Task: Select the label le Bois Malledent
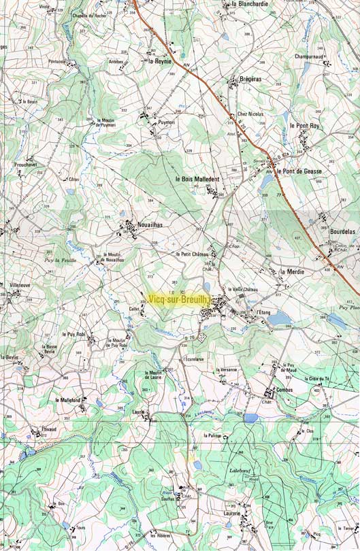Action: (x=197, y=179)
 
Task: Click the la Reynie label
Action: (x=160, y=61)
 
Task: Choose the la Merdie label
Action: (x=292, y=271)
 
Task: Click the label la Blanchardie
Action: (x=250, y=4)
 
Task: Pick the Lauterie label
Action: (x=232, y=513)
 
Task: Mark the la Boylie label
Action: (x=10, y=357)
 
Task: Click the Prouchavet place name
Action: (x=24, y=165)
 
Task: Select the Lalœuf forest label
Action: (x=241, y=470)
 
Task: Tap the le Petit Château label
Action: (x=192, y=254)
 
